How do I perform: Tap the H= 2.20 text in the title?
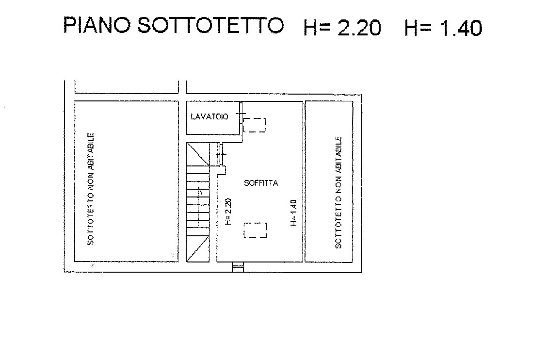[x=342, y=28]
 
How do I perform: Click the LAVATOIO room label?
[x=209, y=116]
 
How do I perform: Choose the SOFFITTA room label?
[x=261, y=183]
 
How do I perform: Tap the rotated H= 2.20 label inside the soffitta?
[x=228, y=212]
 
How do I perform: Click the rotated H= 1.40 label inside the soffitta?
[x=293, y=213]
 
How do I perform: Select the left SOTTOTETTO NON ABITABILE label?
[x=91, y=189]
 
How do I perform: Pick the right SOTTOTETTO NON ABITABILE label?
[x=338, y=193]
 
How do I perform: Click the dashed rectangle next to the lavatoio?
[x=254, y=125]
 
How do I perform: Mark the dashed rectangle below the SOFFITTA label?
[x=256, y=230]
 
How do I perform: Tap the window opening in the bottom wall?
[x=238, y=267]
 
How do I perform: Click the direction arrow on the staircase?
[x=199, y=207]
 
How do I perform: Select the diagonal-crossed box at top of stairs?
[x=198, y=154]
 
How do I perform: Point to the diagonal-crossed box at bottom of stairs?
[x=198, y=248]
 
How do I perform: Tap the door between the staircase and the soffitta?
[x=221, y=154]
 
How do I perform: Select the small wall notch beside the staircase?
[x=221, y=170]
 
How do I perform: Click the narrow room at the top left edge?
[x=127, y=87]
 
